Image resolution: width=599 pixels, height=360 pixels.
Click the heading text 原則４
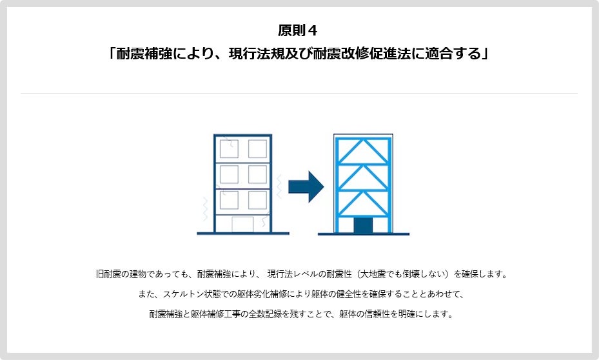(x=299, y=30)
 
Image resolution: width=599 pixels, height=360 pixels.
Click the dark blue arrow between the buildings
(x=305, y=186)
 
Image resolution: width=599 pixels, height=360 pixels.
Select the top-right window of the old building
(x=257, y=149)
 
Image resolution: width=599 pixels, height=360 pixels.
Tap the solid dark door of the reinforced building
(x=364, y=226)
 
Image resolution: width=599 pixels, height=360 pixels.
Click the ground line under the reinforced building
(x=364, y=234)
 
